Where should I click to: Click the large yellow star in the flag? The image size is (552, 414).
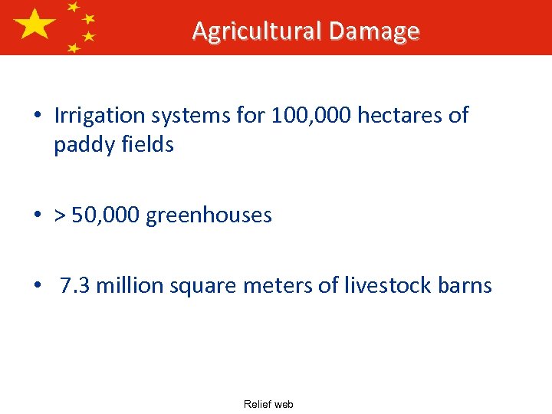coord(34,26)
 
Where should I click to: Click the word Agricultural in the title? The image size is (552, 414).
coord(257,31)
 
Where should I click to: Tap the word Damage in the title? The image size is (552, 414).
coord(374,31)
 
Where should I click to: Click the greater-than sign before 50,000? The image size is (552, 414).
coord(61,215)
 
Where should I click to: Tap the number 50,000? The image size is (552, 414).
coord(107,215)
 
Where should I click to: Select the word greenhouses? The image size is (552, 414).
coord(209,215)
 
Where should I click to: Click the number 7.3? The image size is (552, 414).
coord(75,286)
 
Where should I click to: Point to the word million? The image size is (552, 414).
coord(129,286)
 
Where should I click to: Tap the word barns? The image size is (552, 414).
coord(464,286)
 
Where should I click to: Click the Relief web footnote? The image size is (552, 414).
coord(268,404)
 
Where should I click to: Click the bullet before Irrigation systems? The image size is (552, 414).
coord(37,117)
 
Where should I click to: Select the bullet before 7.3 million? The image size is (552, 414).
coord(37,287)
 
